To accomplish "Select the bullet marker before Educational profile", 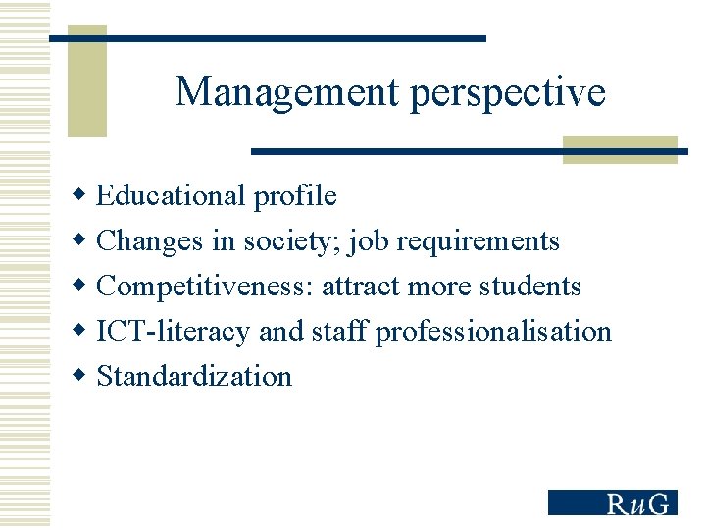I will [x=82, y=195].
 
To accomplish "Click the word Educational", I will [x=172, y=196].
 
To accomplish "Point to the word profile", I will [x=294, y=196].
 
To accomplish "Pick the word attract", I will [x=360, y=287].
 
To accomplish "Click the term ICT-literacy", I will [x=173, y=332].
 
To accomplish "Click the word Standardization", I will [x=194, y=377].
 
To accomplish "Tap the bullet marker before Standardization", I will [x=82, y=376].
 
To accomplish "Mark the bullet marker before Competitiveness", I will [x=82, y=286].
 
